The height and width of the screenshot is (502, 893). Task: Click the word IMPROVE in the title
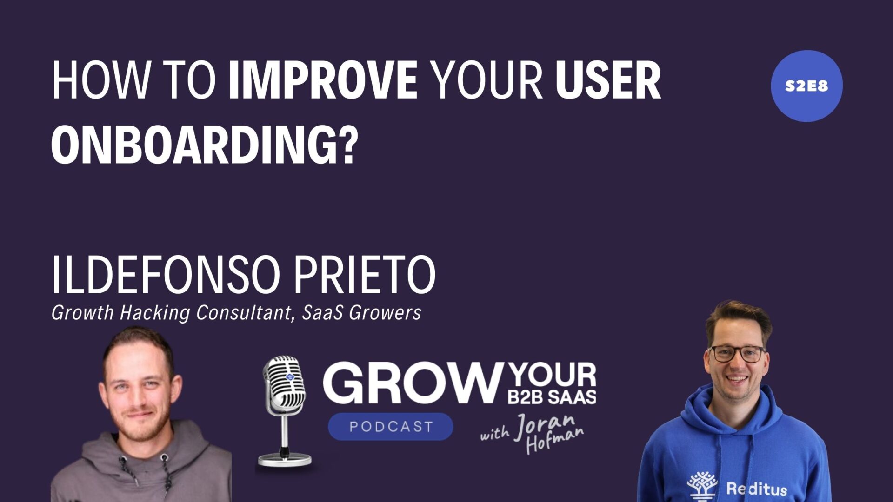click(323, 80)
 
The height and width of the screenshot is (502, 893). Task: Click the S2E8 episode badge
click(806, 86)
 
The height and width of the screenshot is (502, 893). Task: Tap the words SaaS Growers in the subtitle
click(361, 313)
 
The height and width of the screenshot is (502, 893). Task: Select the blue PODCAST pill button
click(391, 426)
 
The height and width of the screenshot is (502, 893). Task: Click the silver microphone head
click(285, 382)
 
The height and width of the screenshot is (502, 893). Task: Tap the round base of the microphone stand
click(284, 460)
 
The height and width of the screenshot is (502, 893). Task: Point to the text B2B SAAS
click(552, 396)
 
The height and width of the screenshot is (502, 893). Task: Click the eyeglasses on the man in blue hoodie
click(736, 354)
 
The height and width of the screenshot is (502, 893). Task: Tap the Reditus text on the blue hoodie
click(756, 489)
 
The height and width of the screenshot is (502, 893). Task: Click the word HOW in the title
click(101, 80)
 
